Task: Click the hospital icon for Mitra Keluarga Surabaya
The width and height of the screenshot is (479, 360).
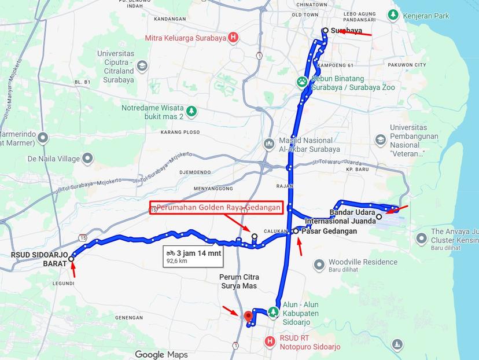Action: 233,38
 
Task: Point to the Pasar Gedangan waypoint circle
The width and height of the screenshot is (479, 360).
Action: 296,231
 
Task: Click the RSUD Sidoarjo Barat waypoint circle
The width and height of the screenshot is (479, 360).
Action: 71,259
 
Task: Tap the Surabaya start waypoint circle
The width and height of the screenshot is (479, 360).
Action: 326,31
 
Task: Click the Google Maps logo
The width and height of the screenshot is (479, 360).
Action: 161,354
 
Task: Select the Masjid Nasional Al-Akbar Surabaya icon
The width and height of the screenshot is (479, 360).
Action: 268,144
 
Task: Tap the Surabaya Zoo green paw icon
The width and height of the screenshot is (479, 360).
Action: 303,82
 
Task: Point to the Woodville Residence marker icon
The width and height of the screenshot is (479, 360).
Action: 318,265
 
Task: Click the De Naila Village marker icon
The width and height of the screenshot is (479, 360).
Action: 87,157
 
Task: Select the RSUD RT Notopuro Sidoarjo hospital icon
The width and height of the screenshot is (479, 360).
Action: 269,342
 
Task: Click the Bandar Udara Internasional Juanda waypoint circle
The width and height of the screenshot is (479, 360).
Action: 379,217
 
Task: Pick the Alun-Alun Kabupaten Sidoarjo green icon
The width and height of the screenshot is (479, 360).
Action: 273,313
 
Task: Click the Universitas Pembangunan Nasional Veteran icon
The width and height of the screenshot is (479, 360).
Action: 380,139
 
